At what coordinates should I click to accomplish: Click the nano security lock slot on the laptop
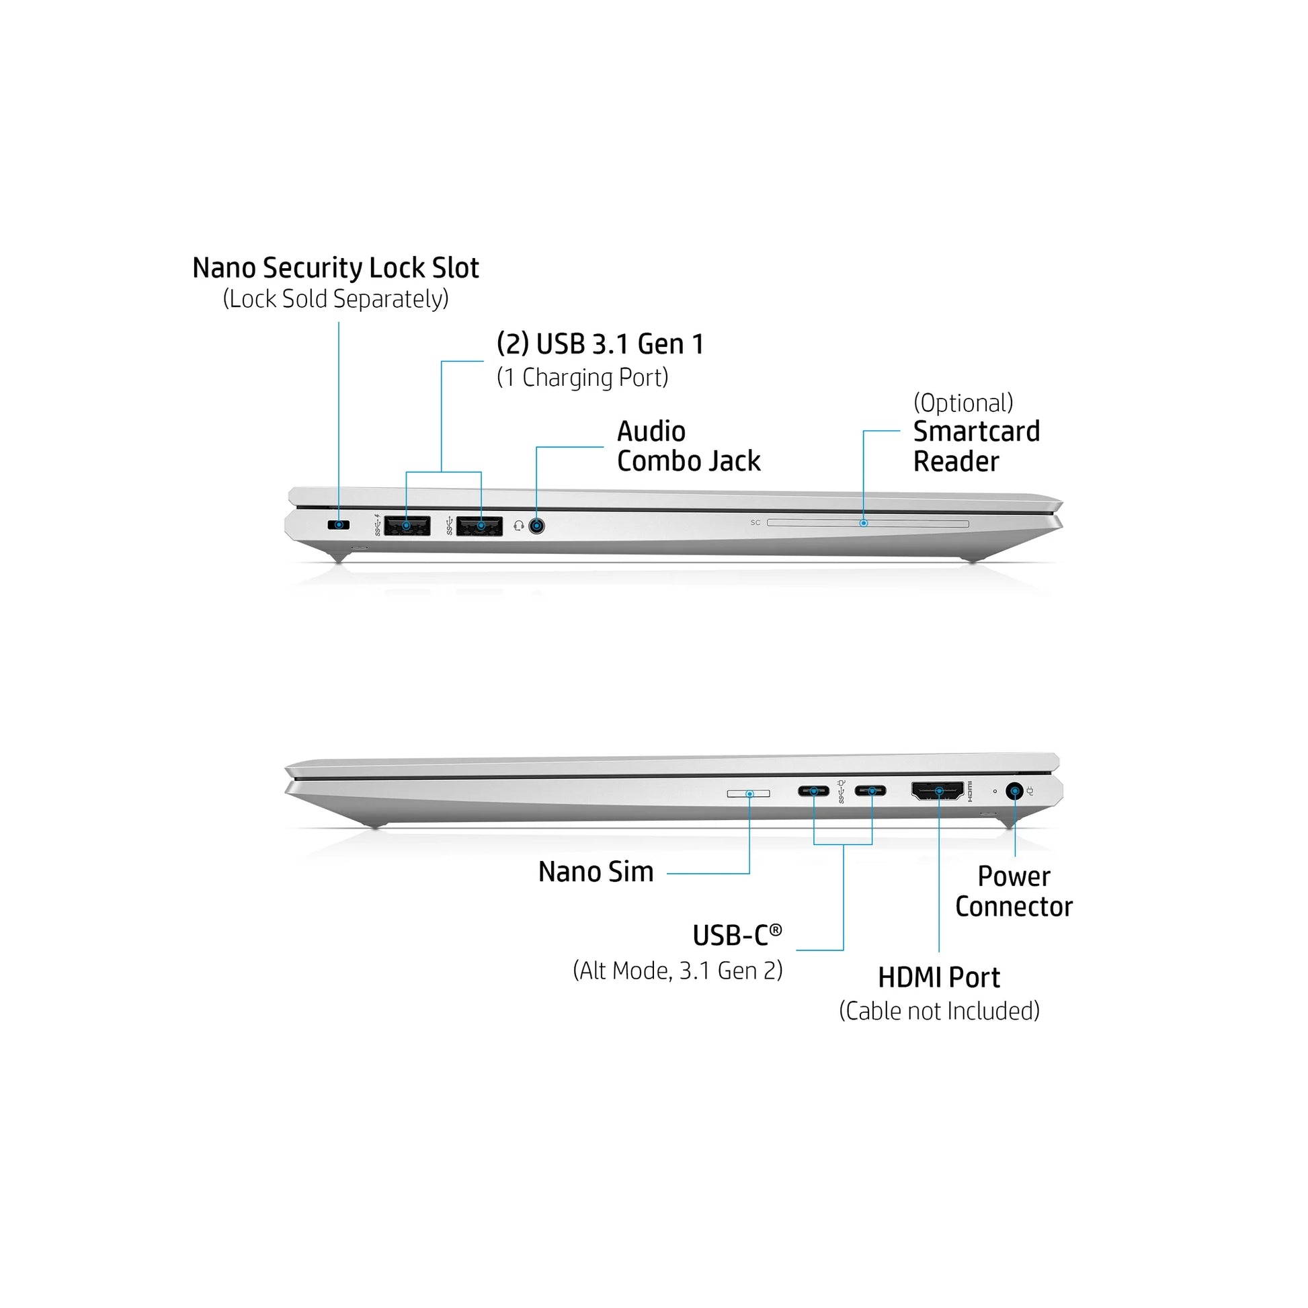click(x=339, y=525)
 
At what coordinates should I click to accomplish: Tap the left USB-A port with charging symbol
click(x=407, y=526)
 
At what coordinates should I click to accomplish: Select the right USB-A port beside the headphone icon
click(x=479, y=526)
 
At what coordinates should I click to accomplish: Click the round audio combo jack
click(x=536, y=526)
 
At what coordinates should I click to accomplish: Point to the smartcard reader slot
click(x=868, y=523)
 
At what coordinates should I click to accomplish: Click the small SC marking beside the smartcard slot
click(x=755, y=523)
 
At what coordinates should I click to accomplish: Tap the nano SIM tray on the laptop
click(x=749, y=792)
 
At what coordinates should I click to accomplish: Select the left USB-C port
click(x=813, y=790)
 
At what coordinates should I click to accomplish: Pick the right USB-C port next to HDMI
click(x=870, y=790)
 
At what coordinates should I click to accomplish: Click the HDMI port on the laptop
click(x=938, y=790)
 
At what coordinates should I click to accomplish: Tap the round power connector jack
click(x=1014, y=790)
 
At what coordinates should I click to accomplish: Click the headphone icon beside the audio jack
click(x=519, y=526)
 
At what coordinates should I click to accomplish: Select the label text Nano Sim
click(x=596, y=872)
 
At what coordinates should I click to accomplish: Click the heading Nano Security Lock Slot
click(x=336, y=268)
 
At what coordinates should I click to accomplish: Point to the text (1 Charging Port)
click(x=583, y=377)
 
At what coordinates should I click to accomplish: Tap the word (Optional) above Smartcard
click(x=963, y=403)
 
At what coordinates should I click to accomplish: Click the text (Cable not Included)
click(x=940, y=1011)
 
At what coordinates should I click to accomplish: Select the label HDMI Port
click(x=939, y=977)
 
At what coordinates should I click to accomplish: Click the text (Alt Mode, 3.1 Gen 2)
click(x=678, y=971)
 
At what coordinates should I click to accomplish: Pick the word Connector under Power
click(x=1014, y=907)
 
